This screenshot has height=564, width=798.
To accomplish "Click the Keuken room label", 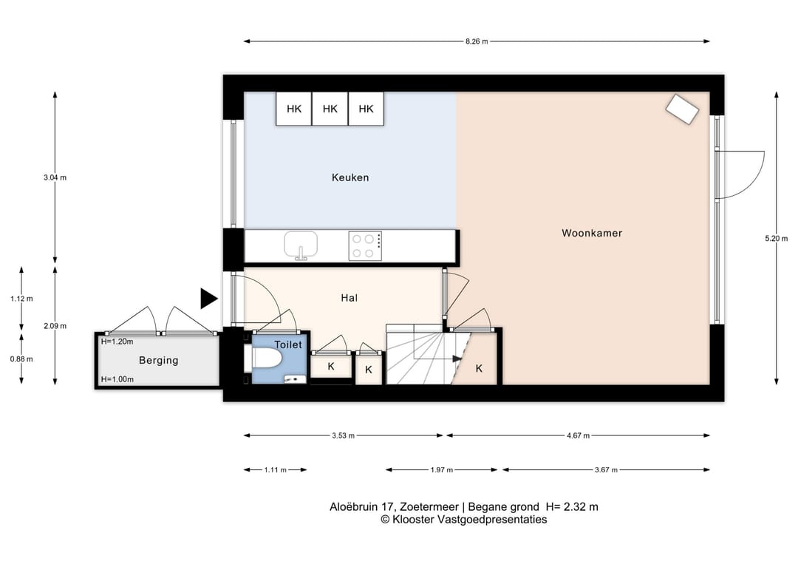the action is (350, 177).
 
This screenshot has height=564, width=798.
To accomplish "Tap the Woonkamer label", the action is (592, 233).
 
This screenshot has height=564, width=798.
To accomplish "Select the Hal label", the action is (349, 298).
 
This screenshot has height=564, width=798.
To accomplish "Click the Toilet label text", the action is (288, 344).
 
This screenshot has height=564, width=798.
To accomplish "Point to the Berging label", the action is (159, 361).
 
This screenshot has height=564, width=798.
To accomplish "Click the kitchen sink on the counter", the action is (301, 245).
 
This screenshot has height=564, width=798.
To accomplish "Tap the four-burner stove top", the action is (365, 246).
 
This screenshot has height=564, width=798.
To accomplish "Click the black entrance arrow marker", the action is (208, 299).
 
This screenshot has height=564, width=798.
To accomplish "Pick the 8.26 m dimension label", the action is (477, 41).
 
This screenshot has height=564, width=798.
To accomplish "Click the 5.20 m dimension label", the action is (776, 238).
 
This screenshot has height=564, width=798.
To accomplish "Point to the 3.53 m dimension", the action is (344, 435).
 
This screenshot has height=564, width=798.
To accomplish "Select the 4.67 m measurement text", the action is (578, 435).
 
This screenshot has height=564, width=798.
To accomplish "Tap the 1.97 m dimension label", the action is (442, 470).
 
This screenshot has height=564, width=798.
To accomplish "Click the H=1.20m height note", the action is (117, 342).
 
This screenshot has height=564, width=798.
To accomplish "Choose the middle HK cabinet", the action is (330, 109).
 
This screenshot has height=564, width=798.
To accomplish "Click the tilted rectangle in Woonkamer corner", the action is (683, 109).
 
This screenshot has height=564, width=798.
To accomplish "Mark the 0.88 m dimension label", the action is (21, 359).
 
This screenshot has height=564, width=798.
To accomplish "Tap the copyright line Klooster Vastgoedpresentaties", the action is (463, 520).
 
